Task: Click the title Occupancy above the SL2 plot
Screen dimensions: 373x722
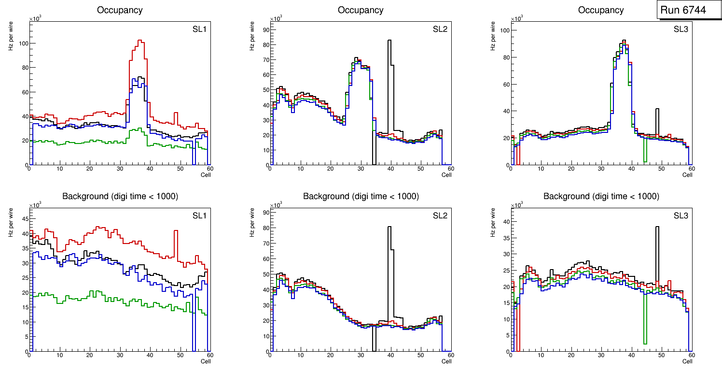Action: [361, 10]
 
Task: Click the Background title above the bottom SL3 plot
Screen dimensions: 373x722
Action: [601, 196]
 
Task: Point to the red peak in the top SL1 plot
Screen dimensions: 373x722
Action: [140, 41]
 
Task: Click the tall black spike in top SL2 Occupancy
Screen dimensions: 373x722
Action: [389, 41]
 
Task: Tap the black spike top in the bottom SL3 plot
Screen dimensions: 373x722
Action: [657, 227]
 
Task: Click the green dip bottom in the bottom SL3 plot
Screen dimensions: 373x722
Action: [645, 344]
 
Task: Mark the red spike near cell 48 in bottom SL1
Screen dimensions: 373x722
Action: [176, 230]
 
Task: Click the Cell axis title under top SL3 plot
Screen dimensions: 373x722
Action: [687, 175]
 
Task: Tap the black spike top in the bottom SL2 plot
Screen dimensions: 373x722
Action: [389, 227]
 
